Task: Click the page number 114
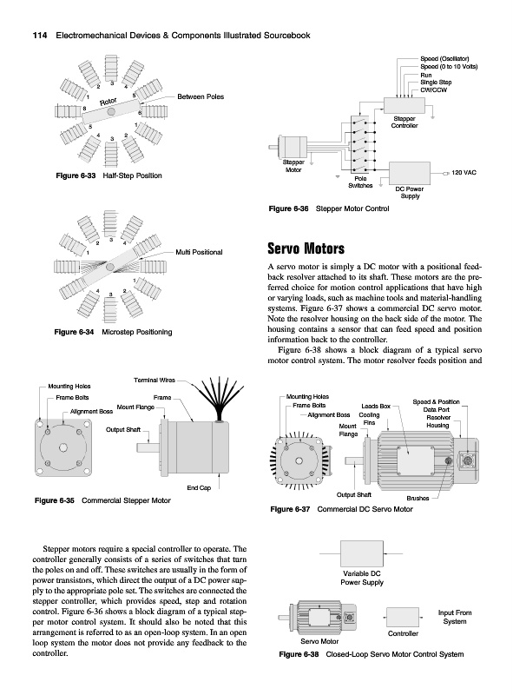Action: [40, 36]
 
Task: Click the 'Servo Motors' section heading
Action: [306, 248]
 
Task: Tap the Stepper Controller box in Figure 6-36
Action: [404, 105]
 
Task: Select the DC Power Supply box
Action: [410, 173]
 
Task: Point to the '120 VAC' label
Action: [464, 172]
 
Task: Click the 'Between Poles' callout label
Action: [201, 96]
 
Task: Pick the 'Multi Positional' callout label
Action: [199, 252]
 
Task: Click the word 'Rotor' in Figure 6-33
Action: [109, 102]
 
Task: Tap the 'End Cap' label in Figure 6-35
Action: [199, 488]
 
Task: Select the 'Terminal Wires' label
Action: [155, 381]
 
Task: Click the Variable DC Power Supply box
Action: [361, 553]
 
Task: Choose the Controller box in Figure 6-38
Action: [403, 618]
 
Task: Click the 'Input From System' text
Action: [455, 617]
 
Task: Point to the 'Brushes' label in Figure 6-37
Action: [418, 498]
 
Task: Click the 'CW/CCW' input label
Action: [434, 90]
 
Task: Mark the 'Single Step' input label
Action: [436, 83]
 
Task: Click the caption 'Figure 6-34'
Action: [74, 332]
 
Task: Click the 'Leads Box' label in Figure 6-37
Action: [376, 406]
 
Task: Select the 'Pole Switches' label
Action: [360, 182]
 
